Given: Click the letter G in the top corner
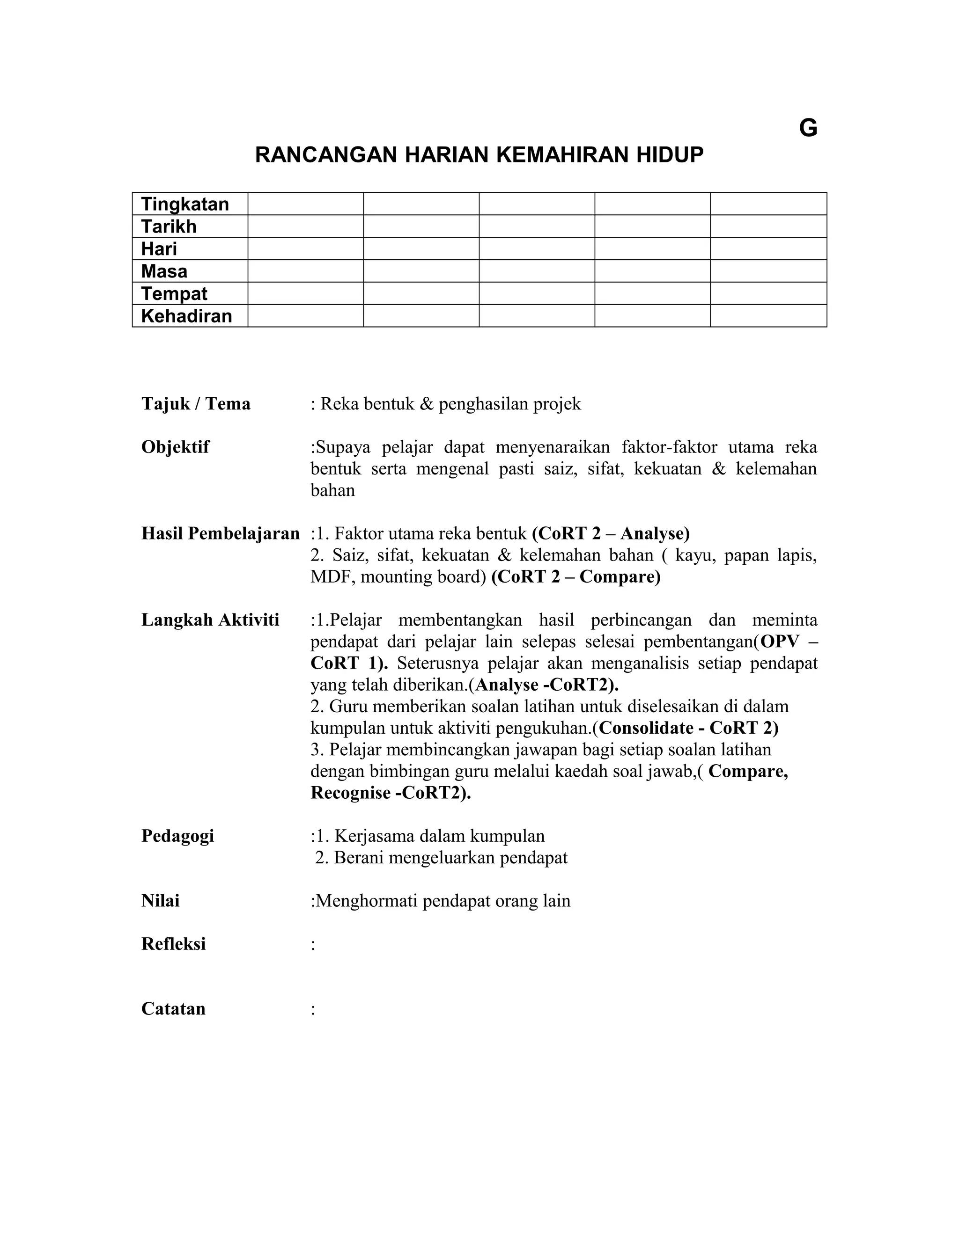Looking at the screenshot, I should coord(808,128).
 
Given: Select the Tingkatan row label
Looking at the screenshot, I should coord(184,204).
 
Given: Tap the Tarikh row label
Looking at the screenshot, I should coord(169,226).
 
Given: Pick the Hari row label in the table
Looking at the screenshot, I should coord(159,248).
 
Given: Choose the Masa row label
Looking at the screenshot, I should coord(164,271).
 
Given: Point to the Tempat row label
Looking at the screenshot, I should coord(174,293).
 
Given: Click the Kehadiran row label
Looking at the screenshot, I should coord(186,316).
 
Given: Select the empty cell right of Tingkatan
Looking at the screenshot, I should coord(305,204).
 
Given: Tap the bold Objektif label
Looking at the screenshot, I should coord(175,447).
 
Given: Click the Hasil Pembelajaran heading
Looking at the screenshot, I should coord(221,533).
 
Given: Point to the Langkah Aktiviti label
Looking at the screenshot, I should coord(210,620).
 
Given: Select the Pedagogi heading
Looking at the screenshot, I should coord(177,836).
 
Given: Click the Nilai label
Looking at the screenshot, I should coord(160,900).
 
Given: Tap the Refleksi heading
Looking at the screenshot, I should coord(173,944).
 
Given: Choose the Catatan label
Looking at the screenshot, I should coord(173,1008).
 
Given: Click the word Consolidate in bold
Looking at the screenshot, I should coord(646,728).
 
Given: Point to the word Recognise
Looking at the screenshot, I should coord(351,793).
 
